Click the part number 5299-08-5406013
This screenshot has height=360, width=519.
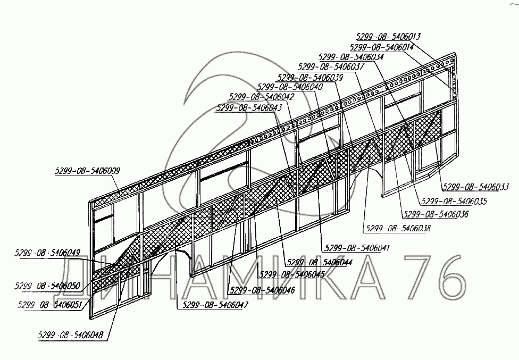pos(388,37)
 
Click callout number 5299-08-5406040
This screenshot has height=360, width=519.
pos(289,87)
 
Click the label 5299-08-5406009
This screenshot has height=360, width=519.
pos(87,171)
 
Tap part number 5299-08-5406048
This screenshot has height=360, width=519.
pos(70,335)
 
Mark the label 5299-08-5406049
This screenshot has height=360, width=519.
pos(48,253)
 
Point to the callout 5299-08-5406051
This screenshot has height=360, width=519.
pos(49,305)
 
